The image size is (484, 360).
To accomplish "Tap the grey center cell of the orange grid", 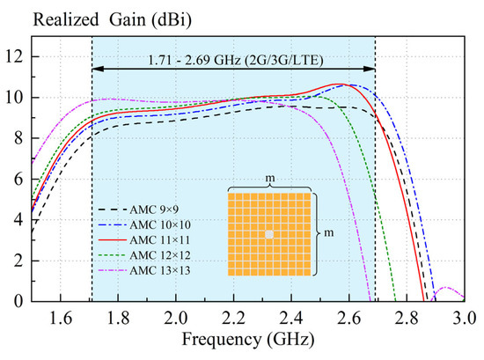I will pos(269,234).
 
